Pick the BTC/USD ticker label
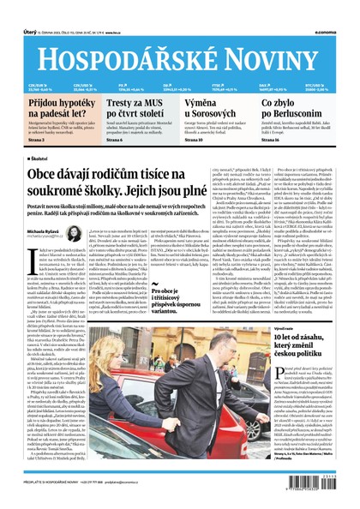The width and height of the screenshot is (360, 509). (319, 85)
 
